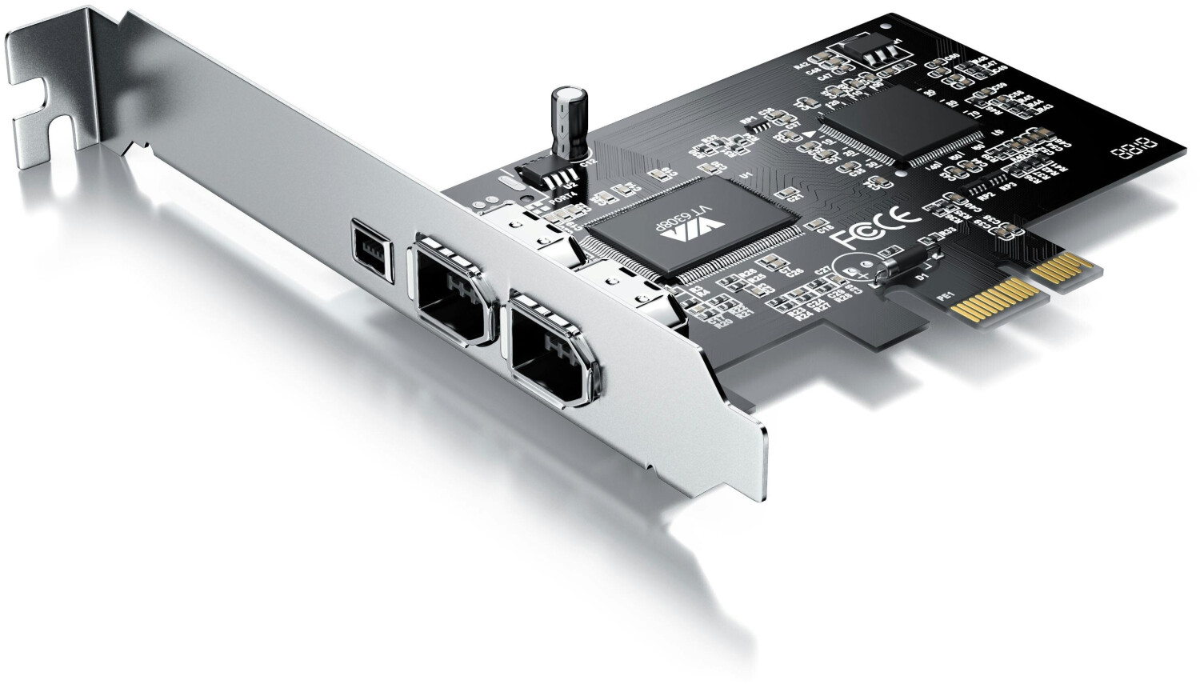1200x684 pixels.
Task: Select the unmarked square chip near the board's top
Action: (x=904, y=124)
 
